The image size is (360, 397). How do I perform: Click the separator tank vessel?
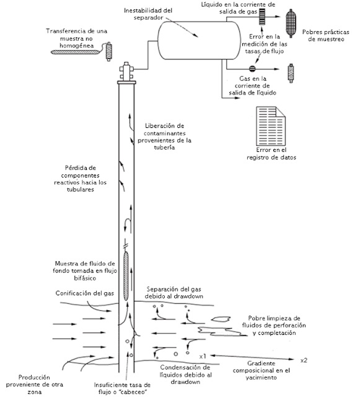tap(200, 40)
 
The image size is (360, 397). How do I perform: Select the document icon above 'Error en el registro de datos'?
tap(271, 126)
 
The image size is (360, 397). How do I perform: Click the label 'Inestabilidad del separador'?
tap(148, 14)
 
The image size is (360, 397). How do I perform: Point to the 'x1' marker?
tap(203, 356)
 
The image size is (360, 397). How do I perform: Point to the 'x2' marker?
tap(304, 360)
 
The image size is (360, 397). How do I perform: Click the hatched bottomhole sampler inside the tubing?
tap(126, 276)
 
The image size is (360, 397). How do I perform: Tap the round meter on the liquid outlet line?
tap(252, 69)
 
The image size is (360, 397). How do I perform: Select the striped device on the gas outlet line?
tap(262, 17)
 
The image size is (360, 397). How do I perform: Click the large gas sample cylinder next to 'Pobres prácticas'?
tap(291, 24)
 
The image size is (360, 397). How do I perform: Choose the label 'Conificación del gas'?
tap(85, 293)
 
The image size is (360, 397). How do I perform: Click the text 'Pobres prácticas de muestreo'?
tap(326, 36)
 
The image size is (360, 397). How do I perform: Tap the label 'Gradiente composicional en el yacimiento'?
tap(261, 370)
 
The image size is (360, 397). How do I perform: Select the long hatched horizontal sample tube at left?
tap(76, 52)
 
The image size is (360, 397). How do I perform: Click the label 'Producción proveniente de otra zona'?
tap(35, 385)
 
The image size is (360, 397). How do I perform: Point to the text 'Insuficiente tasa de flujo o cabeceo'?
tap(122, 388)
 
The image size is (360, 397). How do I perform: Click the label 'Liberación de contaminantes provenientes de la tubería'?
tap(164, 136)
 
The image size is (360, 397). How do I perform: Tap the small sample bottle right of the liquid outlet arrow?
tap(291, 73)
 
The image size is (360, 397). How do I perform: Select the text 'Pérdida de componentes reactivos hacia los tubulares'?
tap(80, 179)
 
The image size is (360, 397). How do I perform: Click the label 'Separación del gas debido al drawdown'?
tap(174, 292)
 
